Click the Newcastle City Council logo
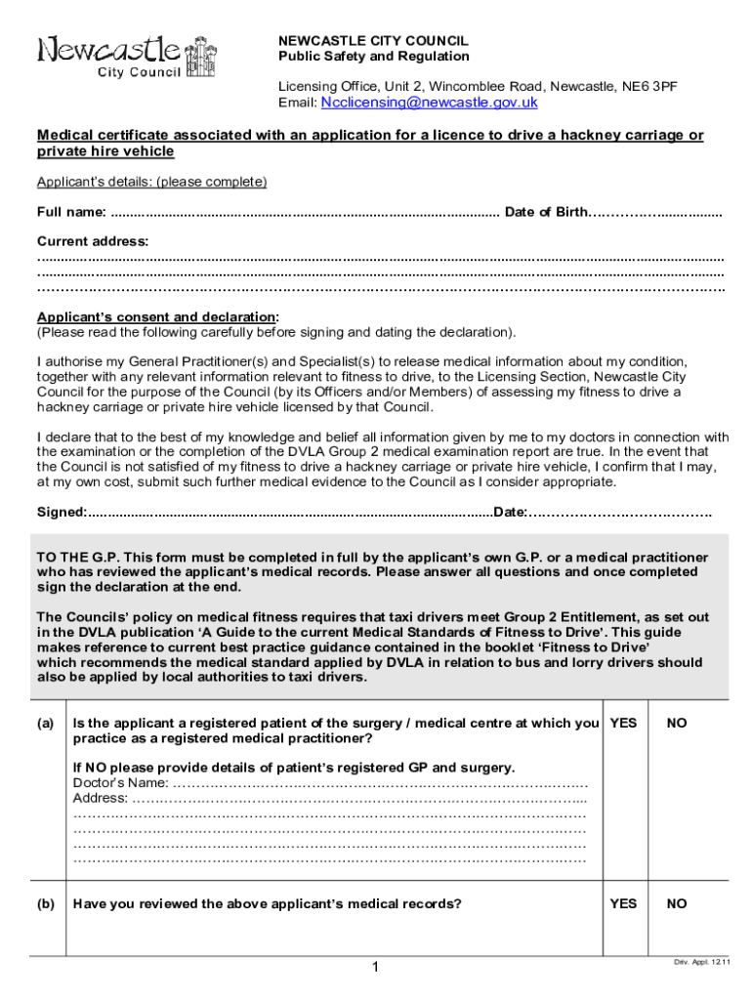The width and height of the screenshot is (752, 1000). [x=127, y=56]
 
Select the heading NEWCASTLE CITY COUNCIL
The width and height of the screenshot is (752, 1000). [x=373, y=41]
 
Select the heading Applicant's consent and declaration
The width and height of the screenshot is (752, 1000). [x=156, y=317]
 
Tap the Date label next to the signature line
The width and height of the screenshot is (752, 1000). [x=511, y=512]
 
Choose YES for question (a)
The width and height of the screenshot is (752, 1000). [x=623, y=724]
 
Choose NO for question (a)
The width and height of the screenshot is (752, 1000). [x=677, y=724]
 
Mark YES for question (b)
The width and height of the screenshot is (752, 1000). [x=623, y=903]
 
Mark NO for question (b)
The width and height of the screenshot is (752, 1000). [x=677, y=903]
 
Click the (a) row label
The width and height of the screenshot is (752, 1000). [x=45, y=724]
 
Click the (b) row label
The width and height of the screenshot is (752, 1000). [x=45, y=903]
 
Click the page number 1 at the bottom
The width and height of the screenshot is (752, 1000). [x=374, y=967]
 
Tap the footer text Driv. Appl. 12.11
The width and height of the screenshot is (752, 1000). [x=701, y=963]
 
